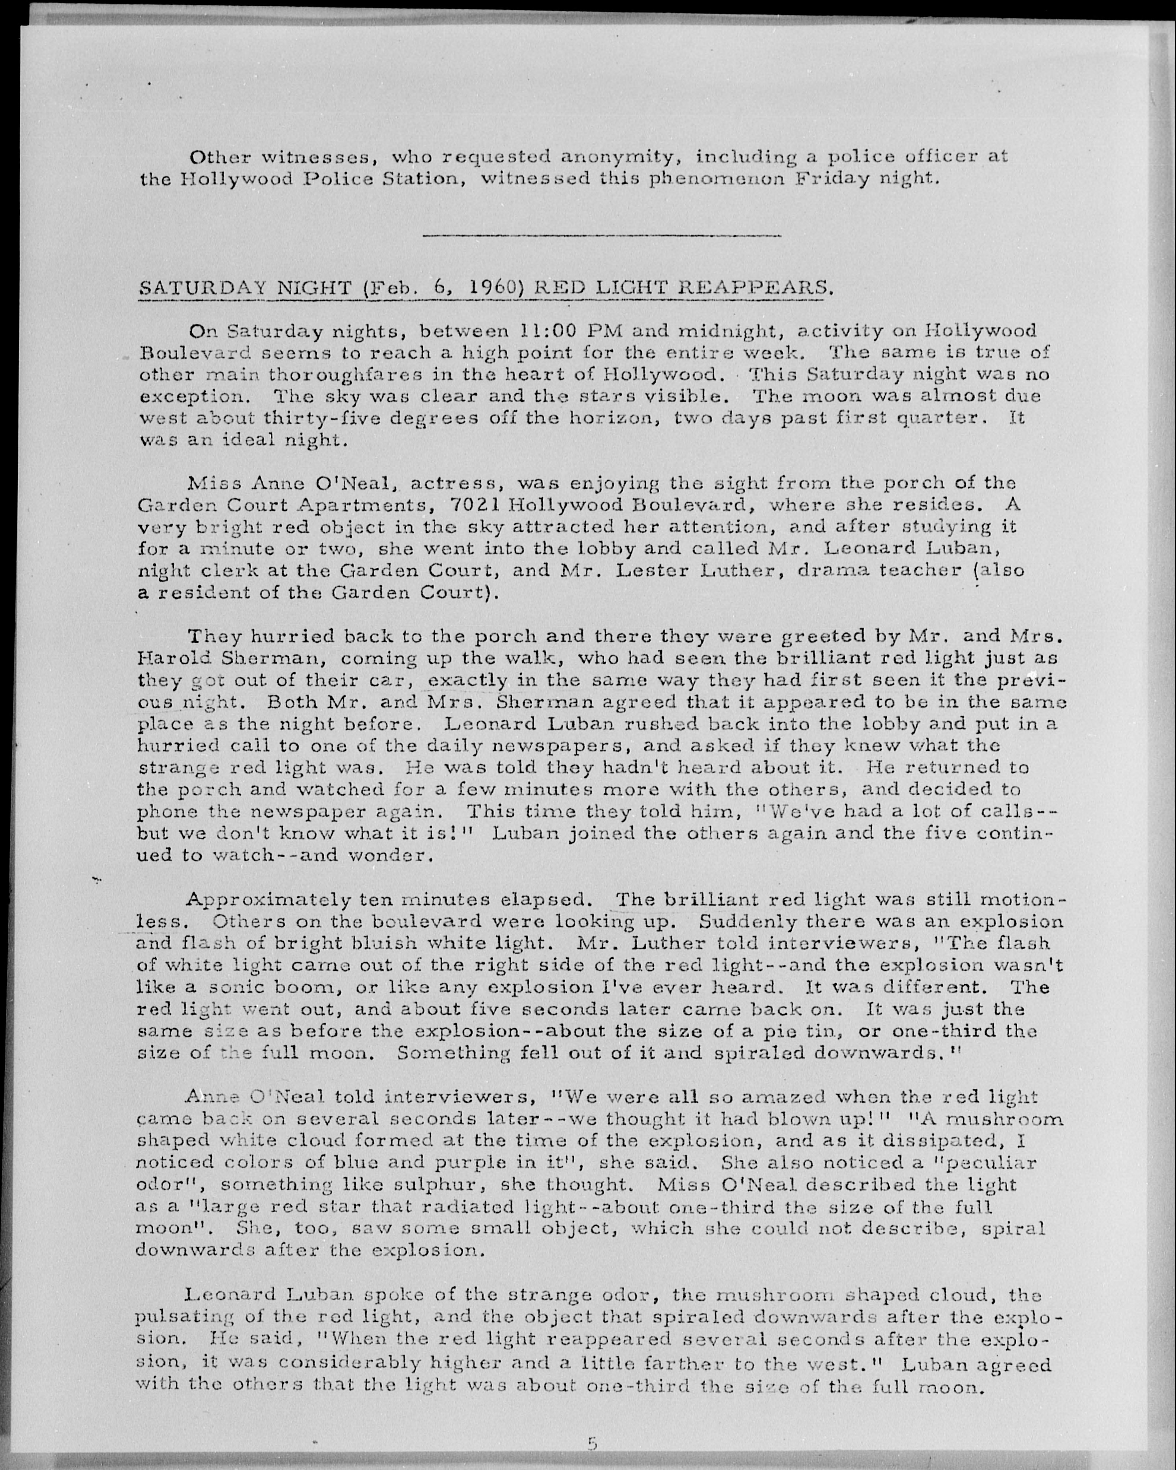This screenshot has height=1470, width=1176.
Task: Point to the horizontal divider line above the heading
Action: [x=602, y=236]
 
